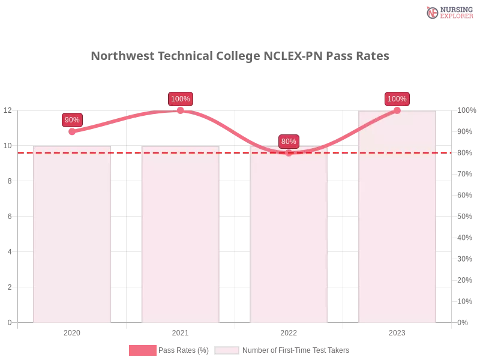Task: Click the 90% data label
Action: (72, 120)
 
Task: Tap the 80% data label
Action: (289, 142)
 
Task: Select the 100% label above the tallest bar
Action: (397, 99)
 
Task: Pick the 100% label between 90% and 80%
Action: (181, 99)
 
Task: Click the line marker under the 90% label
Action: (72, 131)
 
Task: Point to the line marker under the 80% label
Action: (289, 152)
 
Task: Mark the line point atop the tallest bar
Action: (397, 110)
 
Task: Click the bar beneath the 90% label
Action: (72, 240)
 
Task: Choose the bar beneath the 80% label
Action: (290, 240)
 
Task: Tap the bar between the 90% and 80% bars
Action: (180, 240)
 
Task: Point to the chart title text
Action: (242, 56)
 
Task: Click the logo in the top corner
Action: (448, 12)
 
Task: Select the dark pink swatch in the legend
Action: (143, 350)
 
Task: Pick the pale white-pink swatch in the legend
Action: (227, 350)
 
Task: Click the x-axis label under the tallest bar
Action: (397, 331)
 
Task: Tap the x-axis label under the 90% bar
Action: (72, 331)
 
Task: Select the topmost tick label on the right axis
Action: (464, 110)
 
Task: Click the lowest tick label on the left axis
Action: (9, 322)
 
